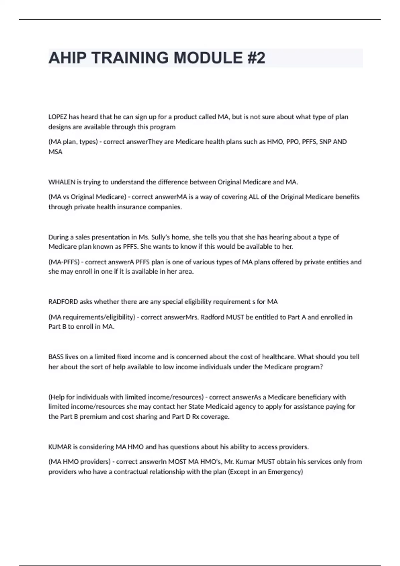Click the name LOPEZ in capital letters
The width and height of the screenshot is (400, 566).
[58, 117]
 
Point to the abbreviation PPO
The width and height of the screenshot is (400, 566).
[292, 142]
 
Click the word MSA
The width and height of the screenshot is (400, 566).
[55, 152]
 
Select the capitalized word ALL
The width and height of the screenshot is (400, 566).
[254, 197]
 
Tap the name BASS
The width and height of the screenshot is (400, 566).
[56, 357]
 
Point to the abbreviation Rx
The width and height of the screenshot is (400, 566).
[195, 417]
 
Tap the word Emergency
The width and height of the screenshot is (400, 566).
[285, 472]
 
